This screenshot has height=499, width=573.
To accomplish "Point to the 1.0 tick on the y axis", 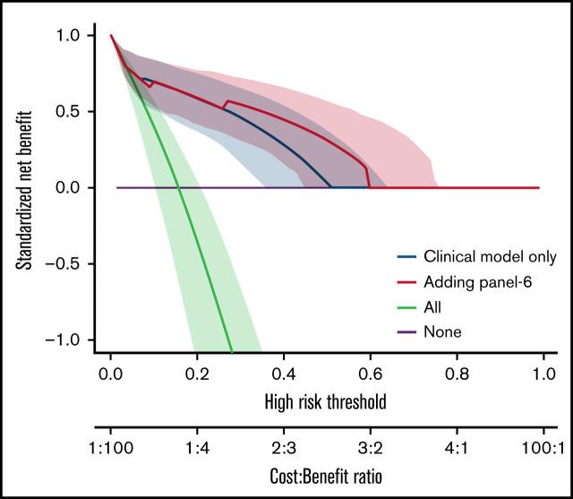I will click(x=70, y=36).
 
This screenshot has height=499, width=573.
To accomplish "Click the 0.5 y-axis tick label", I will click(x=70, y=112).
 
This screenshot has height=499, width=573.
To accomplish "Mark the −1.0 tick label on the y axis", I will click(x=65, y=340).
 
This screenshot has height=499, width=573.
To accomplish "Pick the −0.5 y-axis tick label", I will click(x=65, y=264).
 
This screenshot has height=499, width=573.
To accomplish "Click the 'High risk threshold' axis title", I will click(x=326, y=402).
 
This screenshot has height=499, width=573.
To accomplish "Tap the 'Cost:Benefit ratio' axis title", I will click(x=326, y=474).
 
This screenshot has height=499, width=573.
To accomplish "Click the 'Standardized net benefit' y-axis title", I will click(x=26, y=188).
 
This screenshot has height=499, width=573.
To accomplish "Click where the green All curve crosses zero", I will click(x=179, y=187).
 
